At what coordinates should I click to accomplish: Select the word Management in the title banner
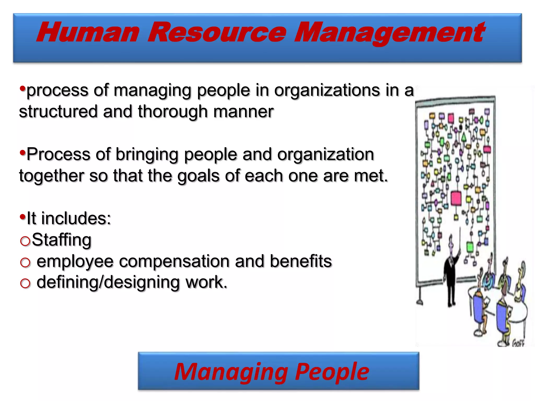click(x=389, y=33)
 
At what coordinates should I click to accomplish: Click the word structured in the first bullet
click(x=58, y=111)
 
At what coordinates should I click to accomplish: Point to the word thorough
click(x=173, y=111)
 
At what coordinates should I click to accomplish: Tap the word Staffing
click(x=62, y=240)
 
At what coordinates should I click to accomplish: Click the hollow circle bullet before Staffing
click(x=25, y=241)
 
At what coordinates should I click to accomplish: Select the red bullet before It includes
click(x=23, y=216)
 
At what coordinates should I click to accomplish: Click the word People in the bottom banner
click(x=332, y=372)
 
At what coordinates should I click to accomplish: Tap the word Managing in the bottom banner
click(x=231, y=372)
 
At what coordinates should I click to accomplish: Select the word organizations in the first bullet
click(x=327, y=90)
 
